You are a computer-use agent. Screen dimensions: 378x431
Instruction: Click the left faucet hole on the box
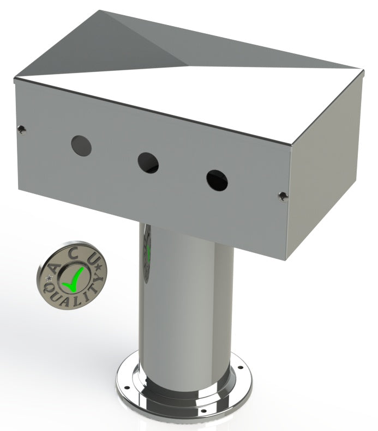(x=81, y=145)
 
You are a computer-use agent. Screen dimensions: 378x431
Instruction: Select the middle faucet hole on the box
(x=148, y=163)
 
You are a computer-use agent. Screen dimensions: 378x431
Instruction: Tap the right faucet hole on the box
(x=217, y=180)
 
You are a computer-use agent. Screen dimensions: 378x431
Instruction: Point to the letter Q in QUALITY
(x=47, y=289)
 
